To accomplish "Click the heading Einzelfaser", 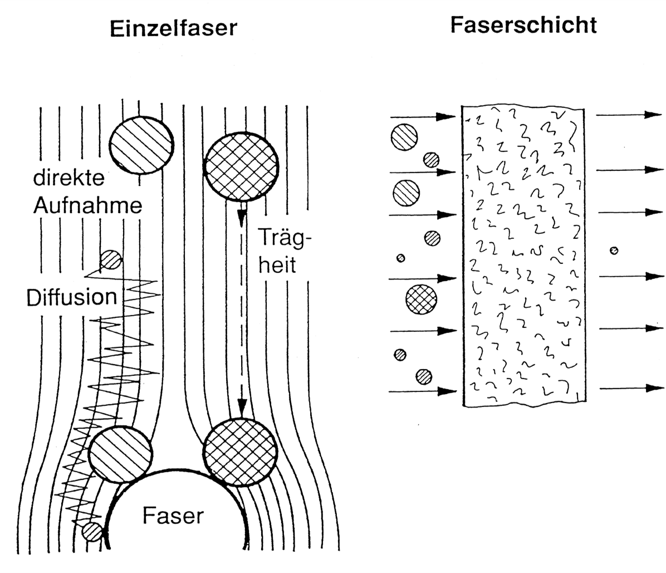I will tap(173, 28).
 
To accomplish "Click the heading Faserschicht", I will tap(523, 25).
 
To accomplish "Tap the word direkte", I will tap(68, 179).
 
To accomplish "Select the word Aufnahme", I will tap(87, 206).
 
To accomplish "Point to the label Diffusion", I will tap(72, 297).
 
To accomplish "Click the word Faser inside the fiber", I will tap(173, 516).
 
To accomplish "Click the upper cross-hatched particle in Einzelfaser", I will tap(241, 166).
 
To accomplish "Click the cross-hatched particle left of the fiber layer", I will tap(419, 299).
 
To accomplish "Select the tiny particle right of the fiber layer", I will tap(614, 250).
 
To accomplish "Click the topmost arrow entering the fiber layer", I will tap(423, 117).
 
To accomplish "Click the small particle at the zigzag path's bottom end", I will tap(92, 532).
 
